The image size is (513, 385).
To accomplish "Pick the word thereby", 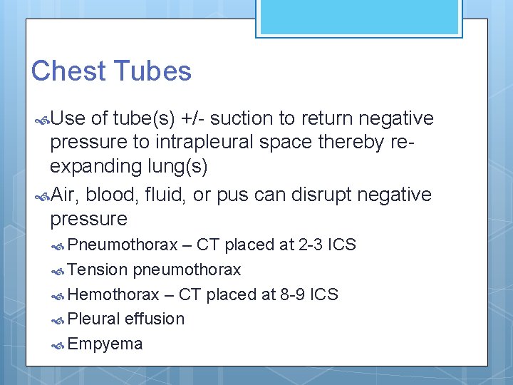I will point(351,142).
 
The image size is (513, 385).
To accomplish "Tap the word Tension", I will point(98,270).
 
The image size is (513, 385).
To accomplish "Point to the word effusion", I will point(154,319).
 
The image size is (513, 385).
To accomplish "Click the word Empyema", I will point(105,344).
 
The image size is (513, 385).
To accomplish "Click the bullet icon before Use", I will point(41,118).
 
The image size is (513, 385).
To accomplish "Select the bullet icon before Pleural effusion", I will point(60,319).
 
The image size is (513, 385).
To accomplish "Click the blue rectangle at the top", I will point(359,17).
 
